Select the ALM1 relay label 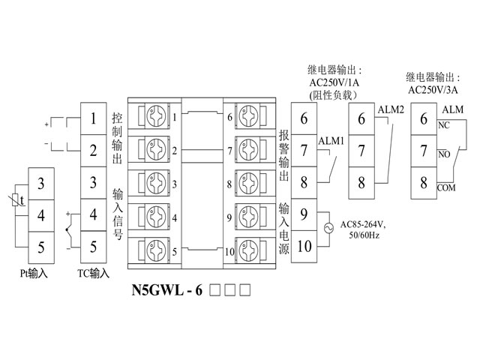click(x=331, y=140)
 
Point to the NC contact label click(x=443, y=127)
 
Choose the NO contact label click(x=443, y=155)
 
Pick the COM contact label click(x=445, y=187)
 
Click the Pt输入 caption click(x=34, y=274)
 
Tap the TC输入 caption click(x=93, y=274)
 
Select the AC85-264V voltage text click(x=364, y=223)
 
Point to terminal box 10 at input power click(x=304, y=246)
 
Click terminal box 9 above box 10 click(x=304, y=214)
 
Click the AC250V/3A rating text click(x=435, y=88)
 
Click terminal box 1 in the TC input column click(x=93, y=118)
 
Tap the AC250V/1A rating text click(x=334, y=83)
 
